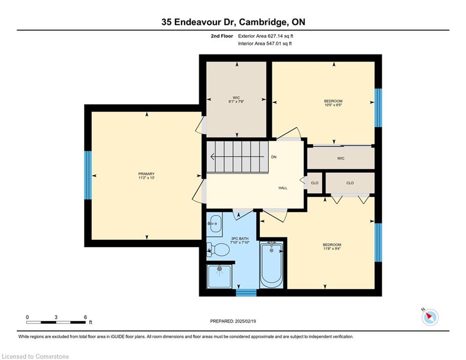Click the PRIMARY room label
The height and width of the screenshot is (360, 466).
146,174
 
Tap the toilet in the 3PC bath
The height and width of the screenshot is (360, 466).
218,249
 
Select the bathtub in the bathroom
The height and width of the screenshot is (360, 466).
271,265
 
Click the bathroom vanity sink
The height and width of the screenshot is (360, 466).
215,224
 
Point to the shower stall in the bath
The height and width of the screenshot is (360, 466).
219,277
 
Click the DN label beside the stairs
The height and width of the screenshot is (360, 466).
274,157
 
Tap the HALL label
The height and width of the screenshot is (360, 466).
283,188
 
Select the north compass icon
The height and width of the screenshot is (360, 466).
429,317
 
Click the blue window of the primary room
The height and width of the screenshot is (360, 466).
88,175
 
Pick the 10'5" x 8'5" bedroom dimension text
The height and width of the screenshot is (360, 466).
333,105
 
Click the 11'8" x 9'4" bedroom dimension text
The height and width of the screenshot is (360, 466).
332,249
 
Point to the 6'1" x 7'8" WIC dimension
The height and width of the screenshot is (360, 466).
236,101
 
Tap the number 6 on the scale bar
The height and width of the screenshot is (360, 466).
85,317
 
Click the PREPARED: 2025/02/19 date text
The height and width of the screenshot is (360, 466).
233,321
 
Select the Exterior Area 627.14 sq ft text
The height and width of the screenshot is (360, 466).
266,36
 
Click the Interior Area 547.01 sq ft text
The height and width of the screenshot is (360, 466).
265,44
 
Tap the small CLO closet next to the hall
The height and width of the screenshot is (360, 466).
315,183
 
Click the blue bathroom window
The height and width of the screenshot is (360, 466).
246,292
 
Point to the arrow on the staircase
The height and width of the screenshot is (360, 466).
237,157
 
